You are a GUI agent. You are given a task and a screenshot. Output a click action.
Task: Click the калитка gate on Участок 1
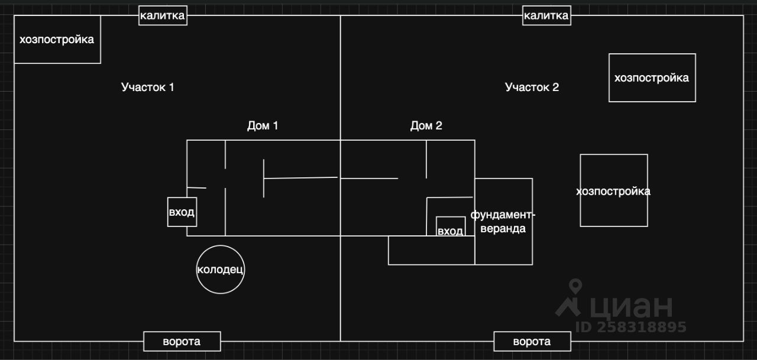pos(163,15)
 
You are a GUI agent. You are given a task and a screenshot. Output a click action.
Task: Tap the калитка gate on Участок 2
pos(546,15)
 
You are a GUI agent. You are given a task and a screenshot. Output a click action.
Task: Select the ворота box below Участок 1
pos(182,341)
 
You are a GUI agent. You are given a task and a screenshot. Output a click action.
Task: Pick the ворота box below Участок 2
pos(532,341)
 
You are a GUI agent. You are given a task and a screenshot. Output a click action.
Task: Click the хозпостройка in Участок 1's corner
pos(57,40)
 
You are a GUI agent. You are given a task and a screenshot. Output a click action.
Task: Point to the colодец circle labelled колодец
pos(220,270)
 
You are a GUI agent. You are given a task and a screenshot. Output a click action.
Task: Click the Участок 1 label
pos(147,87)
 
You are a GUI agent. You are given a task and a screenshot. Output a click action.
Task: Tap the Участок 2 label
pos(532,87)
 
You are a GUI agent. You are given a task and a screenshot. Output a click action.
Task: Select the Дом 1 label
pos(262,125)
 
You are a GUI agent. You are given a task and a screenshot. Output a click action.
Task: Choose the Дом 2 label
pos(426,125)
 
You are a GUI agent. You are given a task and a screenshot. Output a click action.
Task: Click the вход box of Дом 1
pos(182,212)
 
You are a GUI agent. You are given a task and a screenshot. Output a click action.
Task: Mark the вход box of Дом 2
pos(450,230)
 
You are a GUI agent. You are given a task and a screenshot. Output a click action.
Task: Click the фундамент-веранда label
pos(503,221)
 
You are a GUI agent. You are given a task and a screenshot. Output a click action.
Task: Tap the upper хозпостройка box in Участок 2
pos(652,77)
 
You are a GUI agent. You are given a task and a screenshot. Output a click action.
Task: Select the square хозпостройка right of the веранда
pos(613,190)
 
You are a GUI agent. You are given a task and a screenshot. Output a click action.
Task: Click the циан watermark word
pos(631,306)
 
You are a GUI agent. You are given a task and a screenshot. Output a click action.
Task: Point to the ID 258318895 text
pos(630,327)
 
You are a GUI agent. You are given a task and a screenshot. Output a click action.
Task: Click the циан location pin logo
pos(571,297)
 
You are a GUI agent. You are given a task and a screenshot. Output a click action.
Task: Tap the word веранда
pos(503,229)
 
